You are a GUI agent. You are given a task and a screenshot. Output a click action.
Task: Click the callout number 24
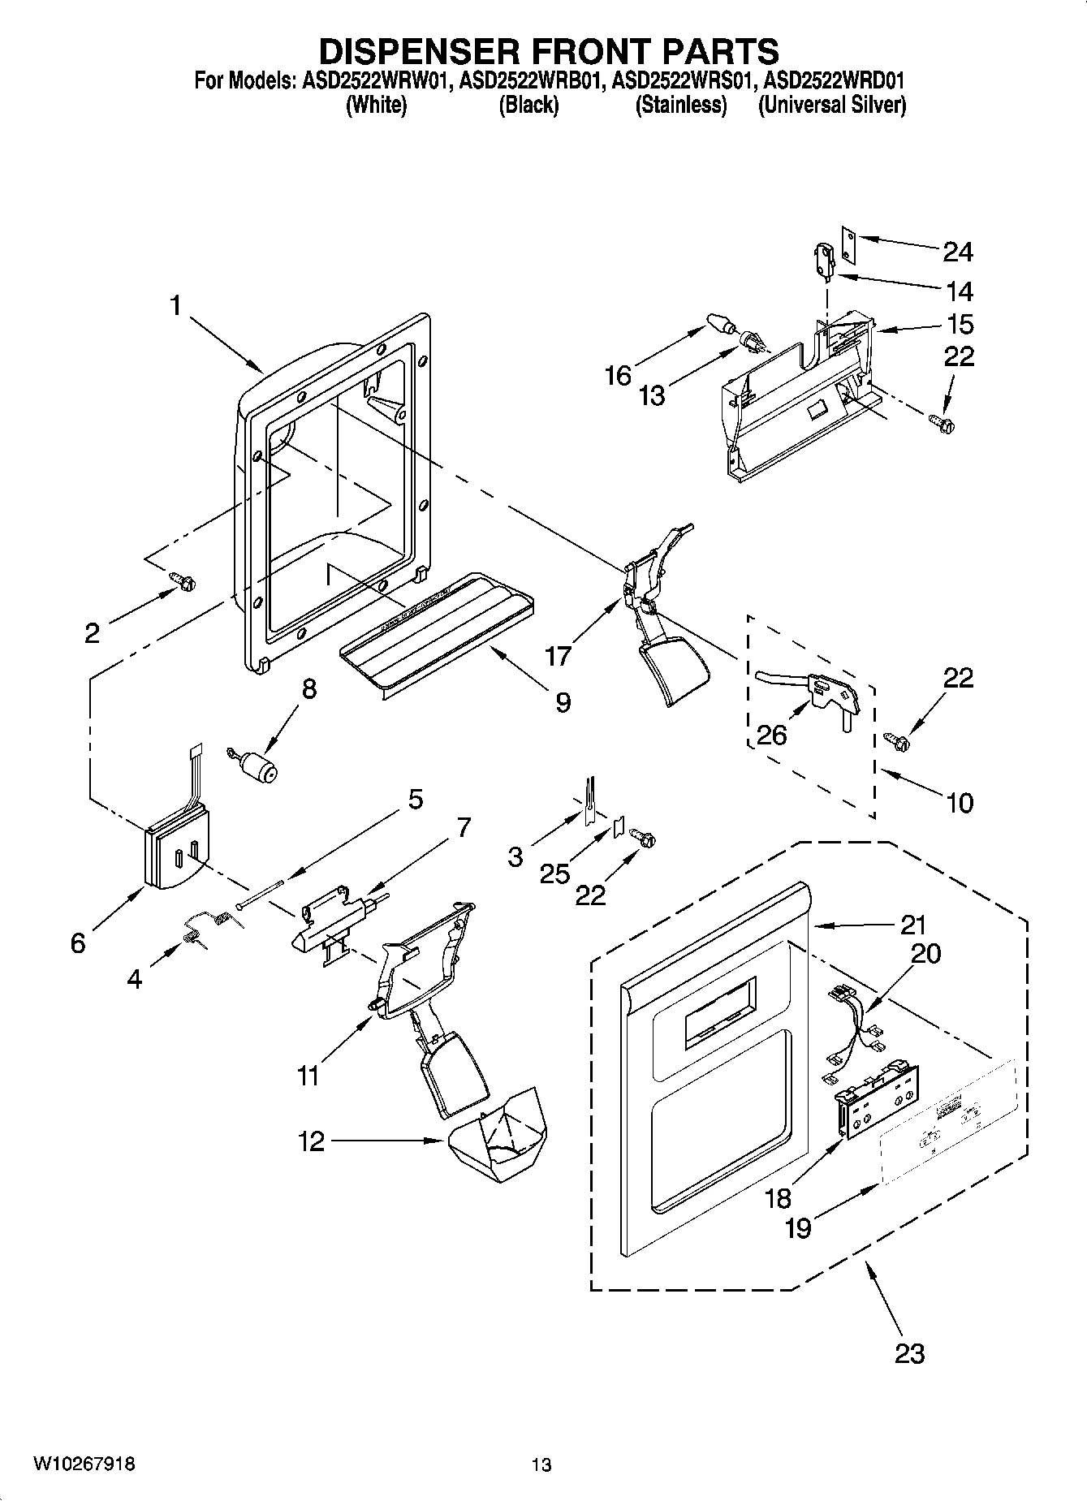click(x=958, y=252)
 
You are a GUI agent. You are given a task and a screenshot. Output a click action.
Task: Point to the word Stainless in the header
click(x=680, y=105)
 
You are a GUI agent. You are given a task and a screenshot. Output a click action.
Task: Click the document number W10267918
click(x=84, y=1464)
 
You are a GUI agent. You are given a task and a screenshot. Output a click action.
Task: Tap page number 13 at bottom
click(x=541, y=1465)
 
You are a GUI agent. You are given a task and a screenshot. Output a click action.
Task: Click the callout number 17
click(x=558, y=654)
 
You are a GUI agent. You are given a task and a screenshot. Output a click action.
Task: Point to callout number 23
click(x=909, y=1353)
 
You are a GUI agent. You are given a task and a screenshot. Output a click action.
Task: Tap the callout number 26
click(x=771, y=735)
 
